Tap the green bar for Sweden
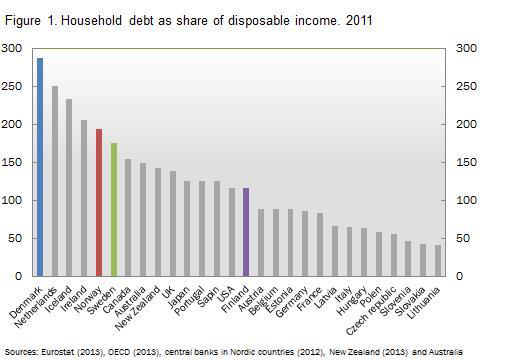[114, 209]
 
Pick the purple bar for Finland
[245, 231]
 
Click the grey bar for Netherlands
[55, 181]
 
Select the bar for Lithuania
[437, 260]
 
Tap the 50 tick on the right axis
[461, 238]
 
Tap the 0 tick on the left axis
[17, 276]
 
